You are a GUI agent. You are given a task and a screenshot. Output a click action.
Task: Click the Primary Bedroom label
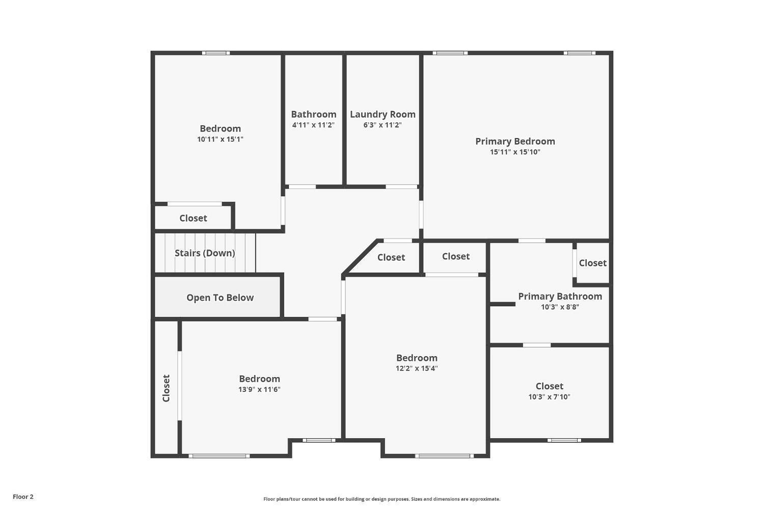point(515,141)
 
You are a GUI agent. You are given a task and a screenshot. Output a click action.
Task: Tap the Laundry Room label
point(383,114)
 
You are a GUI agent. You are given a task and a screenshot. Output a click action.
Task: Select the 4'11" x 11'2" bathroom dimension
point(313,125)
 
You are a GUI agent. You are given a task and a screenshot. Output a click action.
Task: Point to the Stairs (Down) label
point(205,253)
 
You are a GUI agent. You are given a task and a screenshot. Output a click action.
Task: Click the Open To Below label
point(220,298)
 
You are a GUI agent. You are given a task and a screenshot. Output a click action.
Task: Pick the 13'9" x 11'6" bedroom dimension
point(259,389)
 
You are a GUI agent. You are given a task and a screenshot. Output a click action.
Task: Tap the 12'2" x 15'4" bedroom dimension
point(417,368)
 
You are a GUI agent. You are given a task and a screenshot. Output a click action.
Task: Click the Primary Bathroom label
point(560,296)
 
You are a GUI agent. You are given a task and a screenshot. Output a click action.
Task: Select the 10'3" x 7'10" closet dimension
point(549,397)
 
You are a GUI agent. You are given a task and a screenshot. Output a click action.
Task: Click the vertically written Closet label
point(166,388)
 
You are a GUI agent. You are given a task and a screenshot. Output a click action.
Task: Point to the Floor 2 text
point(23,497)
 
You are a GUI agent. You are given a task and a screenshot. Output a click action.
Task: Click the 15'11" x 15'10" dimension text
point(515,152)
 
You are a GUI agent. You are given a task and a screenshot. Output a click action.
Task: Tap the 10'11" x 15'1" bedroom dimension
point(220,139)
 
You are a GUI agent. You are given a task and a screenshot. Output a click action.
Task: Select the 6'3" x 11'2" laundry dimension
point(383,125)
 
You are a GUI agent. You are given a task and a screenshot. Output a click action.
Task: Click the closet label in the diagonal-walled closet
point(391,257)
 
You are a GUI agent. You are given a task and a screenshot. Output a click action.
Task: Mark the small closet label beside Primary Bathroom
point(592,263)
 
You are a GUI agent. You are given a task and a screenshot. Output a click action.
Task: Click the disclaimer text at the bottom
point(381,499)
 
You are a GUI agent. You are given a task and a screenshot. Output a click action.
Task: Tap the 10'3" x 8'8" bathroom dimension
point(560,307)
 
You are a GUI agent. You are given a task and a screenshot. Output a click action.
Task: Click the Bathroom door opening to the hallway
point(302,186)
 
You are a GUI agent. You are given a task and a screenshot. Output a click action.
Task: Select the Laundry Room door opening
point(401,186)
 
